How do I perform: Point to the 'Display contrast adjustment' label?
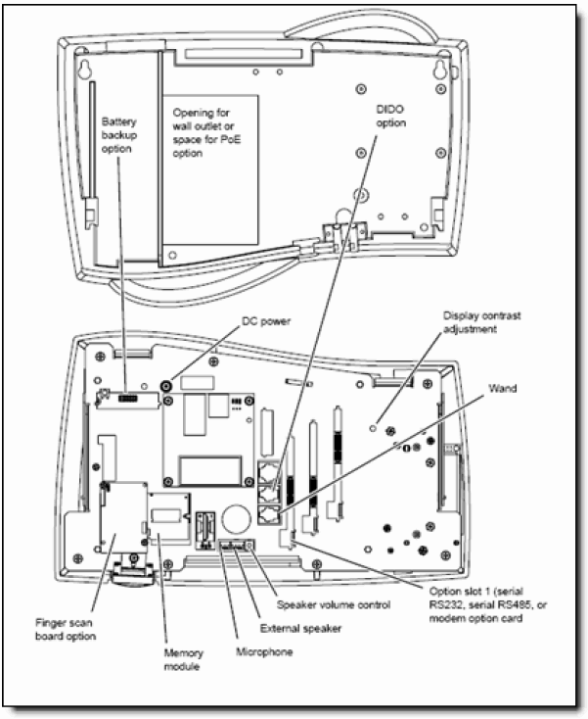[x=483, y=323]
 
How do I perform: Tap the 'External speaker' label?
[x=308, y=629]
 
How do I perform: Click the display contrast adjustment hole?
[x=374, y=428]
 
